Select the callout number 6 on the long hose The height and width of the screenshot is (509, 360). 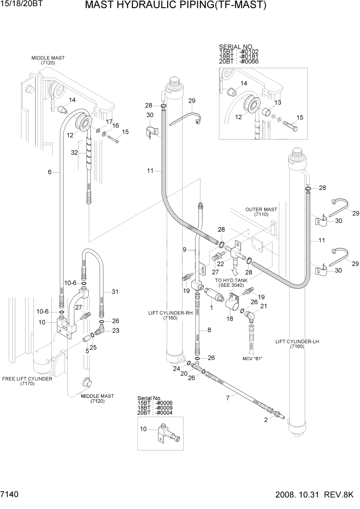(x=50, y=172)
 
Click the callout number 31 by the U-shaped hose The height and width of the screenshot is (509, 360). (x=115, y=292)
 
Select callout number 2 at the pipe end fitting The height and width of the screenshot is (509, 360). (x=266, y=419)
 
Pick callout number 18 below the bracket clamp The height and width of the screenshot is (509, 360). (x=230, y=319)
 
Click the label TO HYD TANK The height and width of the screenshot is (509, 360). (x=231, y=281)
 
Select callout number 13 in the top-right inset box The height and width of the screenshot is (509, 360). (x=278, y=103)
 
